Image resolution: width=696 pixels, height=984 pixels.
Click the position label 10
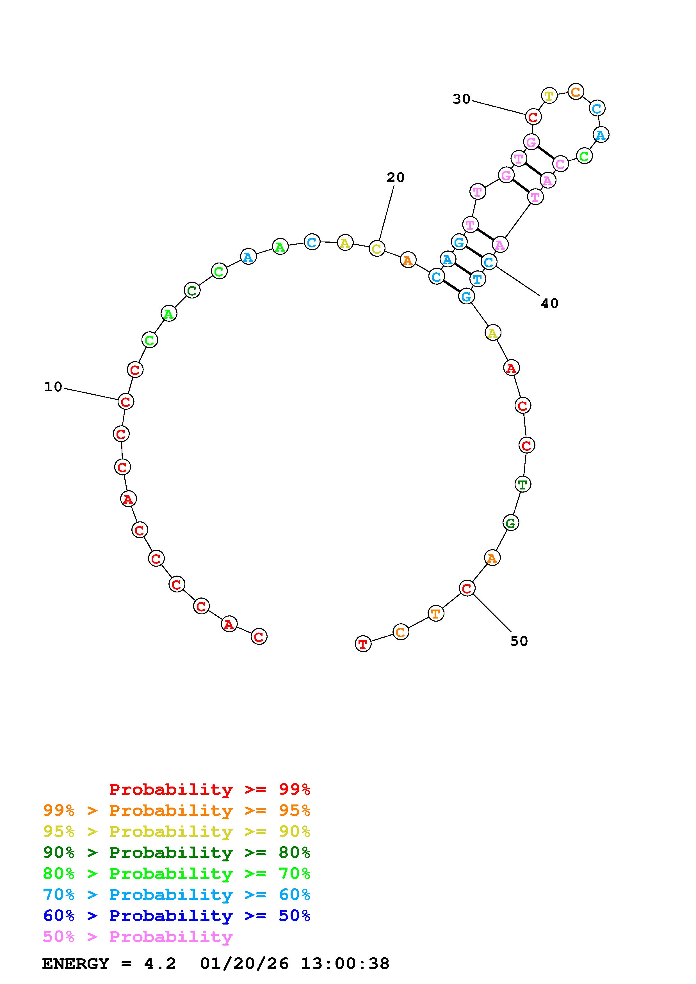[x=54, y=387]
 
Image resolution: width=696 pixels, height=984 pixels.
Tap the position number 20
[x=395, y=178]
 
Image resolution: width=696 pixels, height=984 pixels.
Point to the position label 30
[x=462, y=99]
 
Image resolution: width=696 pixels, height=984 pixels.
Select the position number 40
[x=550, y=304]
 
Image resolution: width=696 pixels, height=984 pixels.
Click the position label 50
[x=519, y=641]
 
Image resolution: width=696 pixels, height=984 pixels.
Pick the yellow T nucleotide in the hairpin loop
[x=549, y=95]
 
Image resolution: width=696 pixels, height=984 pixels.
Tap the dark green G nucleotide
[x=511, y=523]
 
